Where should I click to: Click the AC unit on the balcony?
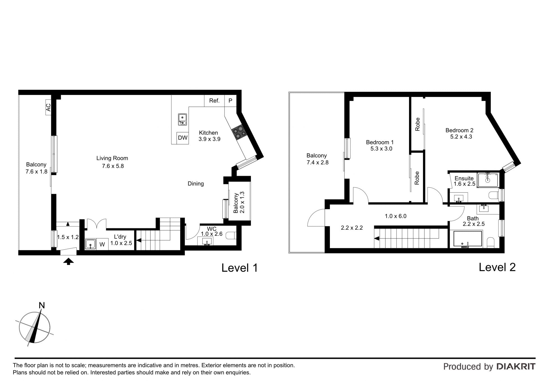48,107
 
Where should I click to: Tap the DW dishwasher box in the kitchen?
183,138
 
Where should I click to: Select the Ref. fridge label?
214,101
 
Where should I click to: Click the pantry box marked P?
230,101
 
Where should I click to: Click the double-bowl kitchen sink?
182,119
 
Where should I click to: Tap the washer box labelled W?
102,244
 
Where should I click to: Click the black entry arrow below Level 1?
68,262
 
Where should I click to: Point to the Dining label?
196,184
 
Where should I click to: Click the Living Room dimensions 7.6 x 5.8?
113,166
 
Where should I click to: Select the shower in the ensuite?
488,180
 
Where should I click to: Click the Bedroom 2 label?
460,130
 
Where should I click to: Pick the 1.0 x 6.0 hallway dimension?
396,216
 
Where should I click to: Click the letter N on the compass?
42,305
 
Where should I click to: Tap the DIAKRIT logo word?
516,366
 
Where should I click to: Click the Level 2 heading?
497,267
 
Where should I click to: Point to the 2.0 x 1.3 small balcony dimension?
242,202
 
